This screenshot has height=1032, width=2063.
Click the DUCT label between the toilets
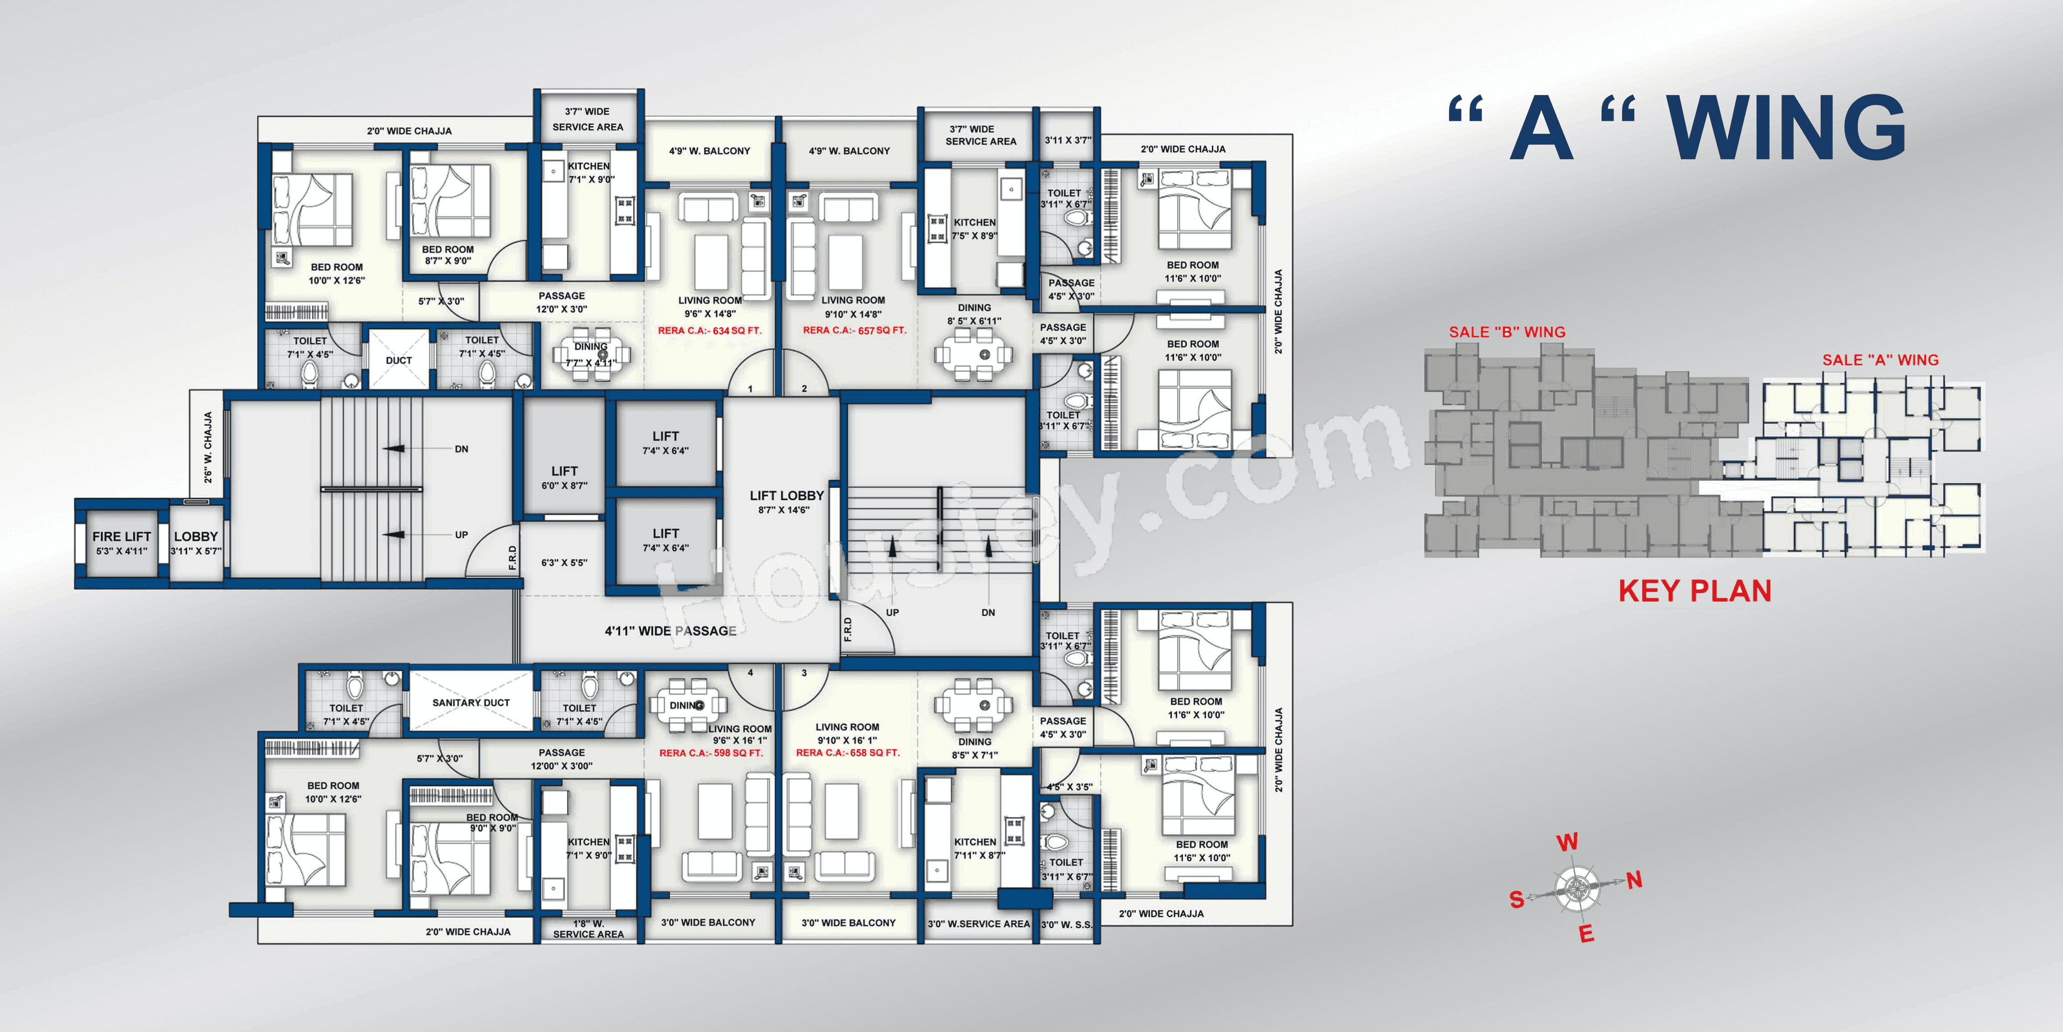398,361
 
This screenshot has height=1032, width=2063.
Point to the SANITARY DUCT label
471,703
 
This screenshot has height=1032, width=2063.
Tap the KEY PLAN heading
1694,591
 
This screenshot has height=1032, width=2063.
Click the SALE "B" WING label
1506,332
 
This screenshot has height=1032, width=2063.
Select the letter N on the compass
1634,880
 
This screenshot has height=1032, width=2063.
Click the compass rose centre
1576,888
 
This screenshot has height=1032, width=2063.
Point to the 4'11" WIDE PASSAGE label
670,630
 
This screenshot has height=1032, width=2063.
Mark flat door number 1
751,389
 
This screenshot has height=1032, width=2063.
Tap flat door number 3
804,673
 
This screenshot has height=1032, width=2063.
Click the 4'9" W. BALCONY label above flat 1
710,150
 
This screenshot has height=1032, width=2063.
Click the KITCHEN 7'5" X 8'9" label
975,229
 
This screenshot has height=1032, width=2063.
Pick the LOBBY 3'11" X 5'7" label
196,542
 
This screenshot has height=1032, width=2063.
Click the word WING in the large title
1786,128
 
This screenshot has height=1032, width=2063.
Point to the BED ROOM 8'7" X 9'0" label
448,255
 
